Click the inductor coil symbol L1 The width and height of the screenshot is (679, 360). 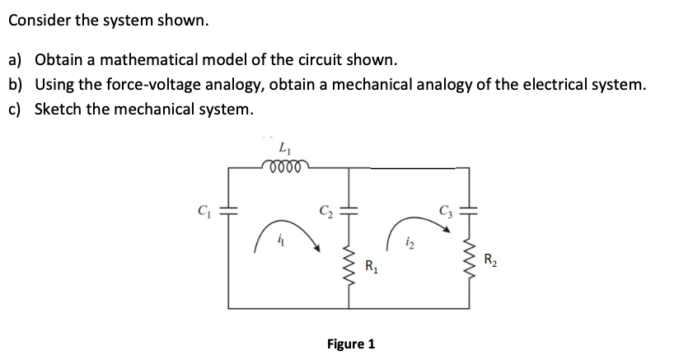(286, 168)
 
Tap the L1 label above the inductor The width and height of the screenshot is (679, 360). (286, 149)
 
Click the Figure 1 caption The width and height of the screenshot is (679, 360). (350, 343)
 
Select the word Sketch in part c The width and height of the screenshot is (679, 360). (57, 109)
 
